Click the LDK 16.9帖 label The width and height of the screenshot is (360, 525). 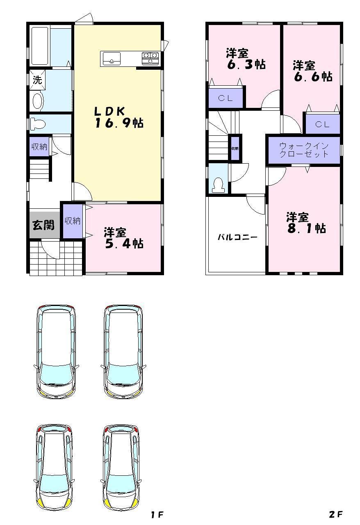click(x=118, y=117)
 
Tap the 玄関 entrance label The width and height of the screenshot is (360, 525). click(x=43, y=225)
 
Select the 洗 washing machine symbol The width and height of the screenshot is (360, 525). click(x=37, y=80)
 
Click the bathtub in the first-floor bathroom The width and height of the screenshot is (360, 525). click(x=40, y=46)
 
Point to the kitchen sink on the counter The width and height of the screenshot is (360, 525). click(x=112, y=58)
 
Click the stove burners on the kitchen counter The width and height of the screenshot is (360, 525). click(x=150, y=58)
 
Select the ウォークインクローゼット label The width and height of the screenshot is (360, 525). click(x=304, y=150)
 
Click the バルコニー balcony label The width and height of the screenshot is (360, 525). click(x=237, y=237)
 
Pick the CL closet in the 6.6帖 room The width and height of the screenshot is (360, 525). click(x=322, y=124)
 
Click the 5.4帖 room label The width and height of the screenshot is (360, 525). click(x=123, y=238)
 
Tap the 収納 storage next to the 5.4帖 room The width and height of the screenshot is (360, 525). click(x=73, y=221)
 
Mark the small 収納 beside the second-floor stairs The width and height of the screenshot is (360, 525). click(x=235, y=148)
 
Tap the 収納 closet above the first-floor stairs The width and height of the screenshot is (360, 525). click(x=39, y=147)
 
